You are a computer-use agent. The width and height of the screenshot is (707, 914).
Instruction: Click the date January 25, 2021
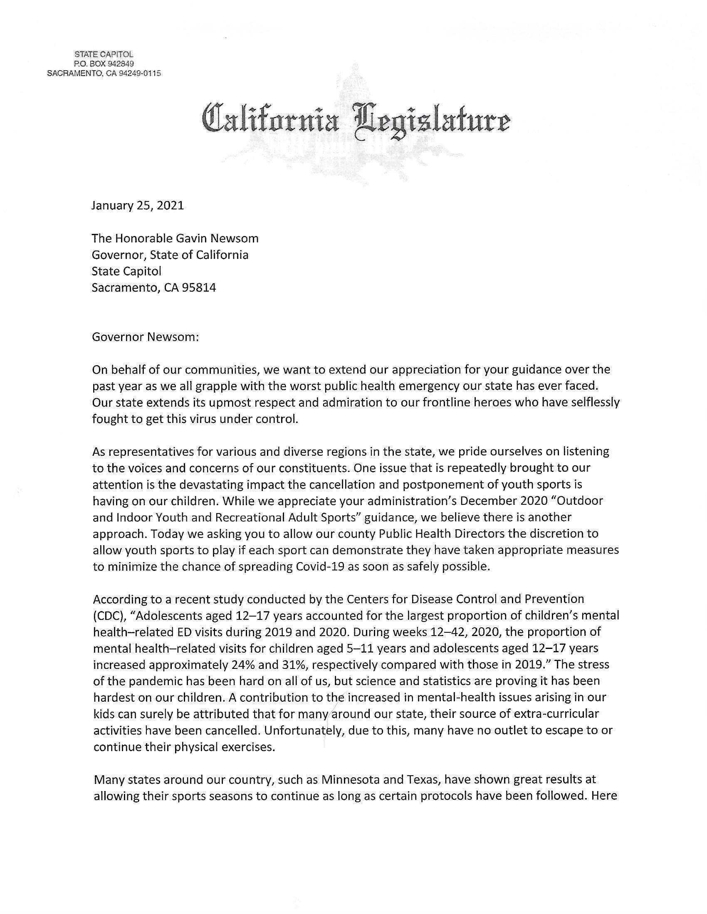pyautogui.click(x=138, y=206)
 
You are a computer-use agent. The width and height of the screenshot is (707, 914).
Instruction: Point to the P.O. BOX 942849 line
pyautogui.click(x=104, y=64)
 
